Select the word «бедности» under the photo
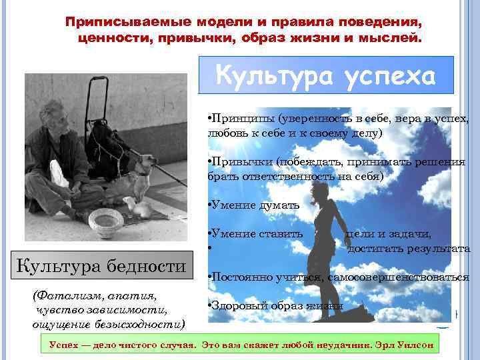pos(144,267)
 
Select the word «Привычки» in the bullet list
pos(237,162)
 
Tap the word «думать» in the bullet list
pos(277,205)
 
